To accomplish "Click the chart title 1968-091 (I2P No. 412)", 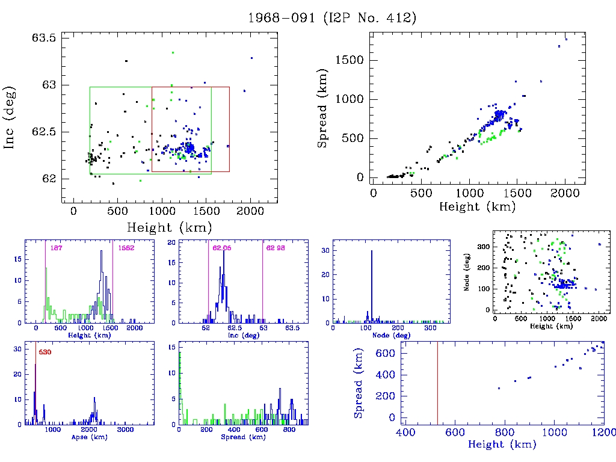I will pos(333,17).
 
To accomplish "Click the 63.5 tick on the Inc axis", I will pos(43,38).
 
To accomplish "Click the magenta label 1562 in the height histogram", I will pos(126,248).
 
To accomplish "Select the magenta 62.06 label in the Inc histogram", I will pos(222,248).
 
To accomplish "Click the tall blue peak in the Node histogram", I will pos(371,283).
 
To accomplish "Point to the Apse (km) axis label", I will pos(89,437).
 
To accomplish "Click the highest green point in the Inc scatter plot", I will pos(173,53).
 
